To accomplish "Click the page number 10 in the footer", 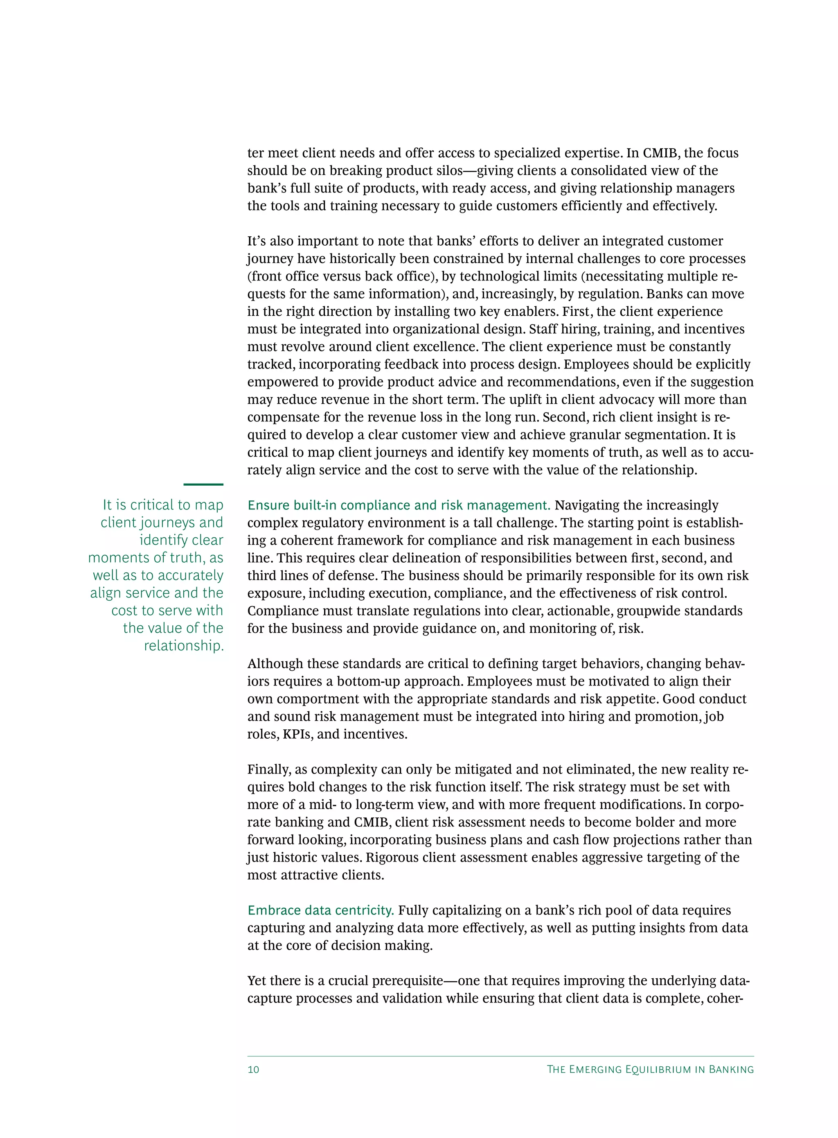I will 253,1070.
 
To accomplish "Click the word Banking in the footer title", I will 731,1070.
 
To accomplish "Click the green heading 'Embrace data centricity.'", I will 320,910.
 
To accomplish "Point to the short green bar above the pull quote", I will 203,484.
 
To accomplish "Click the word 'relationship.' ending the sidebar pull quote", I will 184,646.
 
